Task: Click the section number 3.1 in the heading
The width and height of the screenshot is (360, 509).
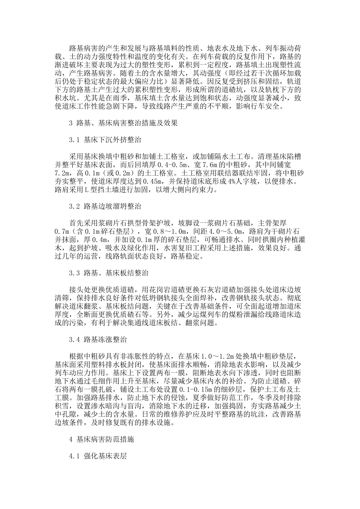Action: (x=74, y=140)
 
